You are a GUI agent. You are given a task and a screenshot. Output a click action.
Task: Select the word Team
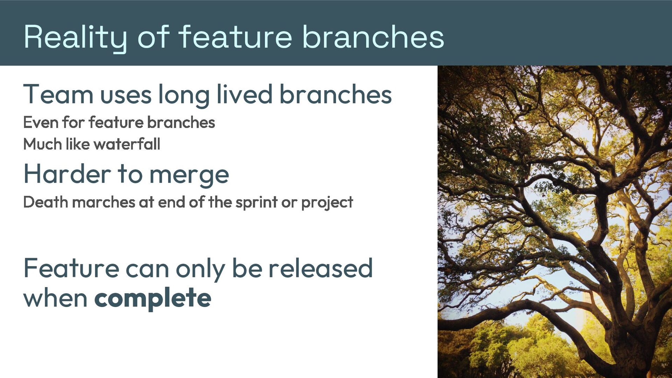[x=58, y=94]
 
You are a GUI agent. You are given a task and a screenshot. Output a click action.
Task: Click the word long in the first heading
[x=184, y=95]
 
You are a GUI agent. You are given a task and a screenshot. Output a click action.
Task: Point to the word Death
[x=45, y=202]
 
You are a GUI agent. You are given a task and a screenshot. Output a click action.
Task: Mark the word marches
[x=104, y=202]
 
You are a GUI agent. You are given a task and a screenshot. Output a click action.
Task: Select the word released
[x=320, y=268]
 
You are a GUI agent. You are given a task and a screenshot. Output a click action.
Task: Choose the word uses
[x=126, y=95]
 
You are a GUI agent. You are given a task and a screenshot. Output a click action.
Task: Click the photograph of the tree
[x=555, y=222]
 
